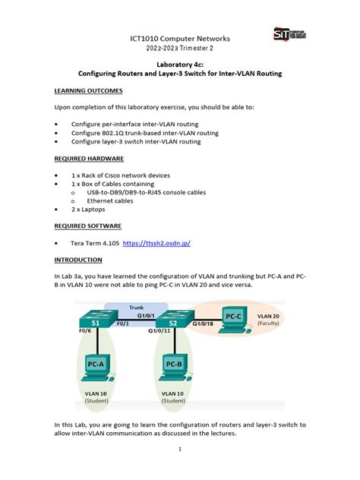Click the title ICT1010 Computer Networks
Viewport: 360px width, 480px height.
pos(180,38)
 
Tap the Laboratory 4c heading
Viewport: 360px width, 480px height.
pos(180,65)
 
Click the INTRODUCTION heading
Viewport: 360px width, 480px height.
pos(81,261)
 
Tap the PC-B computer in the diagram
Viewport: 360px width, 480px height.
pos(173,363)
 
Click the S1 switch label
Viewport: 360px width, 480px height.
pos(96,323)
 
